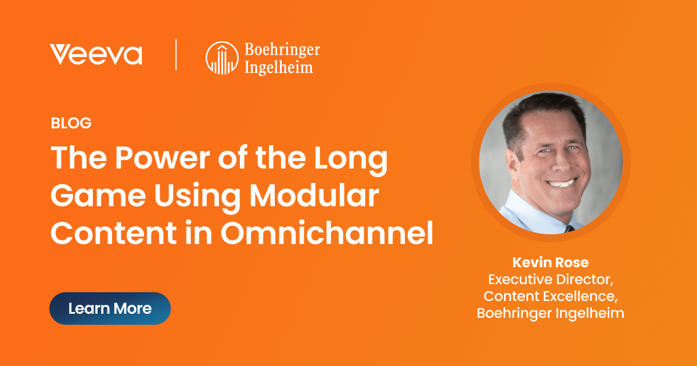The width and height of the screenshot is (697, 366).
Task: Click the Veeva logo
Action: point(96,55)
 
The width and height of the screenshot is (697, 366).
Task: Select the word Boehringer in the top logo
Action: point(282,51)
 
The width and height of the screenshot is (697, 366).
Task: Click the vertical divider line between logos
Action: point(176,55)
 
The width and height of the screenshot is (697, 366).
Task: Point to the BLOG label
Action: point(71,123)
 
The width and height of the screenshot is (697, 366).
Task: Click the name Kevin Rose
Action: point(550,262)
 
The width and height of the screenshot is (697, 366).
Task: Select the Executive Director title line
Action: point(550,279)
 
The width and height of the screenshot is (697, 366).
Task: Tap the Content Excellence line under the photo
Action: point(550,296)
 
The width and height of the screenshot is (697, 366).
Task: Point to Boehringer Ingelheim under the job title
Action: point(550,313)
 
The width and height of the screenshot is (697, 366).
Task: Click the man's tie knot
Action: point(569,229)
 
